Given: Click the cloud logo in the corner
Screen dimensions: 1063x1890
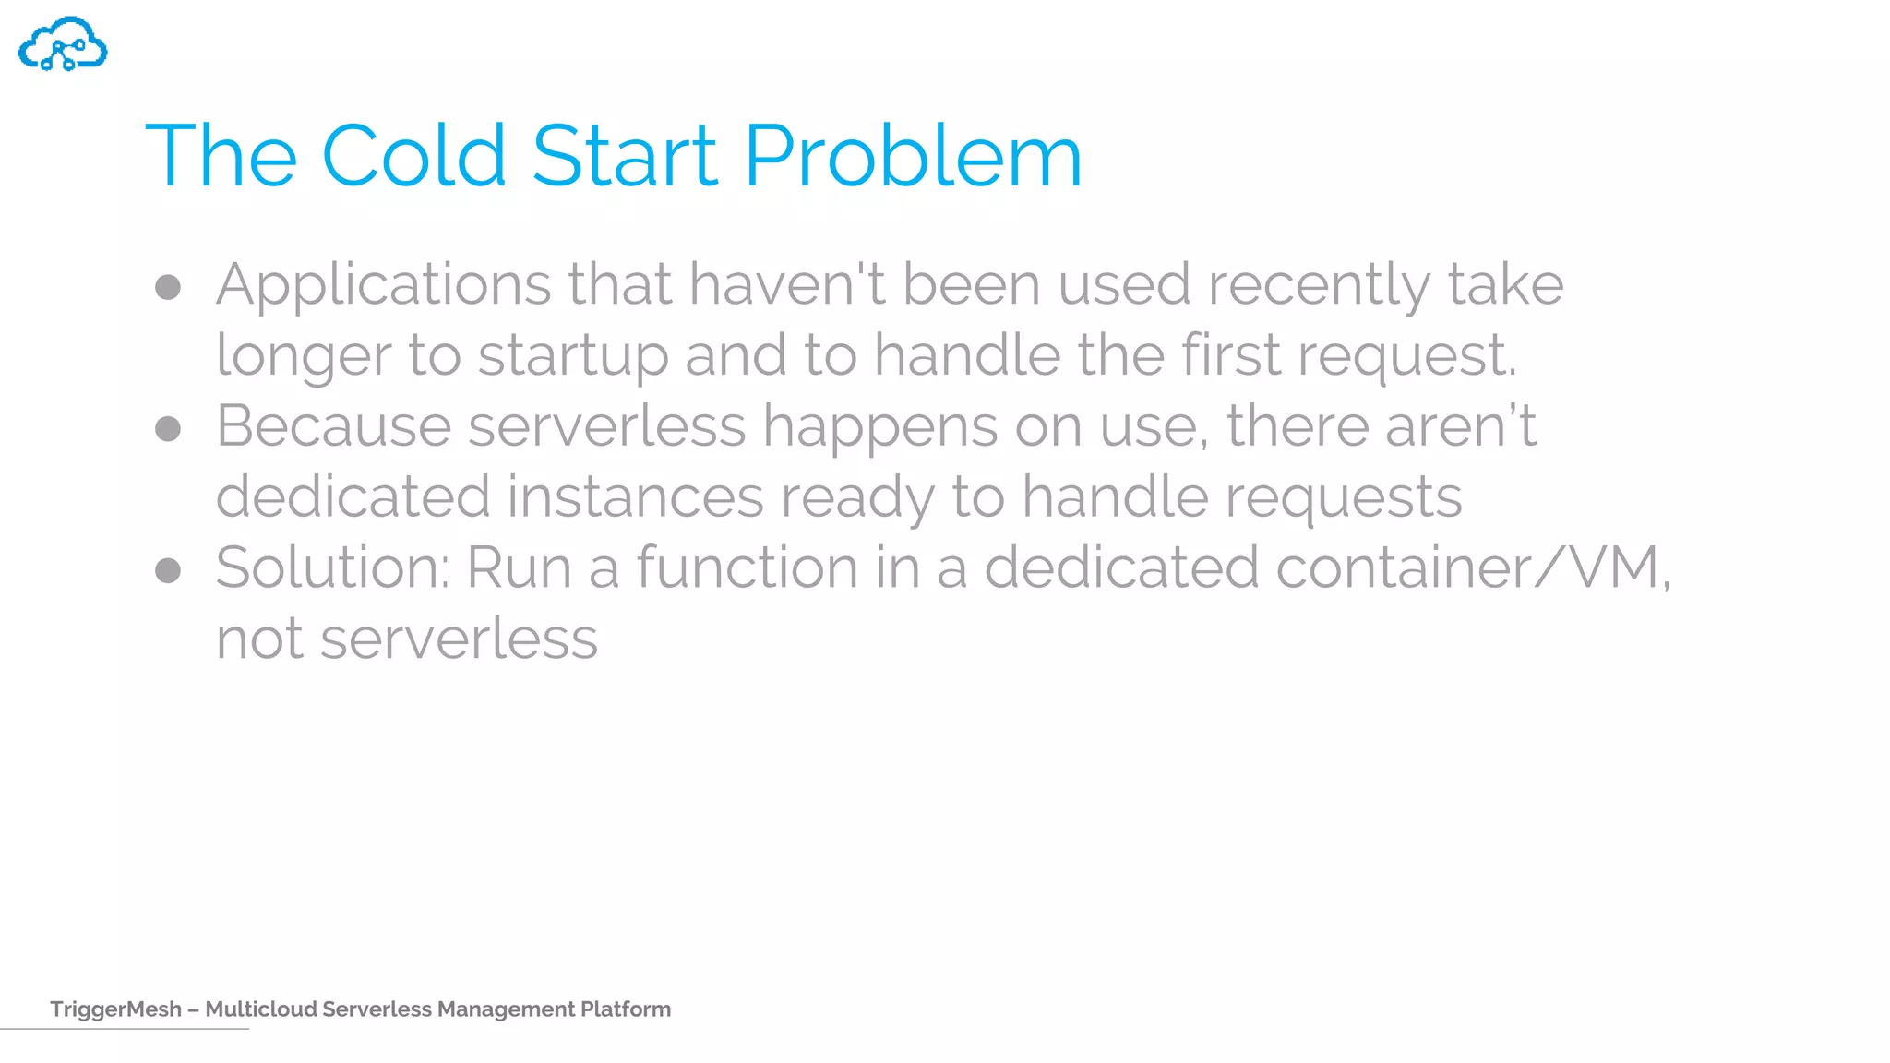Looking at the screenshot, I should (63, 44).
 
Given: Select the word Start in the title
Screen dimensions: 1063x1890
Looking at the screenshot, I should (624, 156).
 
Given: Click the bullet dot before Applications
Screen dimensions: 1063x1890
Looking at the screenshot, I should (168, 287).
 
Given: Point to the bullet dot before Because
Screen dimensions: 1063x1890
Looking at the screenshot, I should (168, 429).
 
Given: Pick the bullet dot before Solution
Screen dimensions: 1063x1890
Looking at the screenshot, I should (168, 570).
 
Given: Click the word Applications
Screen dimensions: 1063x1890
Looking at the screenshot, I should (383, 284).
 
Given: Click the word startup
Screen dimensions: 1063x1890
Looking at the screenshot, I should (572, 356).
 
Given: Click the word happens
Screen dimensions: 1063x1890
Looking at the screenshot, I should (879, 427).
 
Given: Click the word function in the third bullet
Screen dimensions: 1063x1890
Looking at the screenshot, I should (747, 567).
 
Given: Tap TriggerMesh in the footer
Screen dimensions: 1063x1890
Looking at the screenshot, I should (115, 1009).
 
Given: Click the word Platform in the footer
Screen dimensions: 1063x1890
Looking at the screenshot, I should (625, 1009).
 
